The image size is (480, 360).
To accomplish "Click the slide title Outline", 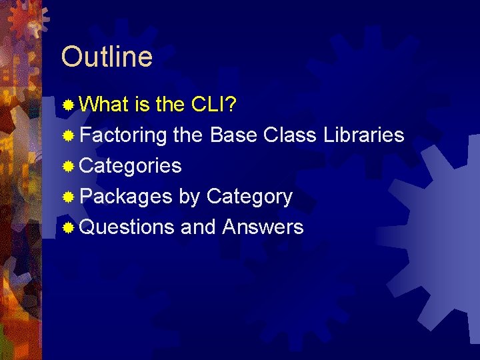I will (107, 57).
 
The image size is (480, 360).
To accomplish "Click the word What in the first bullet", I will (103, 105).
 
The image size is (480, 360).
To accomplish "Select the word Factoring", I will (123, 135).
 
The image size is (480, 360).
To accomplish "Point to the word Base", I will (233, 135).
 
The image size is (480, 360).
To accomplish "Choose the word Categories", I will (130, 165).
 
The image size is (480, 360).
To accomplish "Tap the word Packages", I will (125, 197).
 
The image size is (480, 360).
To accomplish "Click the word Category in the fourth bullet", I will (249, 197).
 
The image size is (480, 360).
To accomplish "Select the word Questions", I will (127, 227).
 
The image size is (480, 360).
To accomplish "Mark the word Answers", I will (263, 227).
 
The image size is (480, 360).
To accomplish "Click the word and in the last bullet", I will (198, 227).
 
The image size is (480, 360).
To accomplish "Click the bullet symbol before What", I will (68, 105).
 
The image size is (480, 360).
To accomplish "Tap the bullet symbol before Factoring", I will (68, 136).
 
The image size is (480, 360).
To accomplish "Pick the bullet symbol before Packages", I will (68, 197).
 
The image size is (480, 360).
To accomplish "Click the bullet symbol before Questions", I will (68, 228).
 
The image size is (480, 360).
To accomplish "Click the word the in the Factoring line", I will (187, 135).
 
